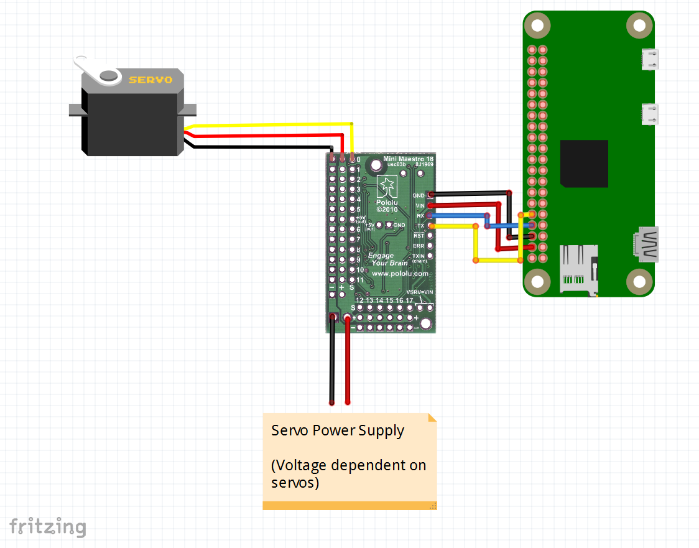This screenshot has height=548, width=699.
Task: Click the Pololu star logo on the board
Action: click(387, 185)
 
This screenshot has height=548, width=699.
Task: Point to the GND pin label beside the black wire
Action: click(419, 195)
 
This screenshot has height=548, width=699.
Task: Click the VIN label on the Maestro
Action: click(420, 205)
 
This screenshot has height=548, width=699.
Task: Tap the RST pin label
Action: click(419, 236)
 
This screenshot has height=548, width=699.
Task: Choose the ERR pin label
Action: click(419, 246)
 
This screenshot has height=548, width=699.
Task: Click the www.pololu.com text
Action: click(400, 273)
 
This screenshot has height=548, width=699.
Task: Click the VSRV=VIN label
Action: click(419, 292)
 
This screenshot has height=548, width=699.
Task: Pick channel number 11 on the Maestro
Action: click(359, 280)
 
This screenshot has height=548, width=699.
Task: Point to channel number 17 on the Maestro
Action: click(409, 300)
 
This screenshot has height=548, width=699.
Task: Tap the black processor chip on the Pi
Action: click(584, 164)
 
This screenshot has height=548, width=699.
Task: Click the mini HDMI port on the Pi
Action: click(647, 243)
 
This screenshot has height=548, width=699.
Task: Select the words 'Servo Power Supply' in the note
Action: click(338, 430)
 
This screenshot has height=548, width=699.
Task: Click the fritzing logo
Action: click(48, 526)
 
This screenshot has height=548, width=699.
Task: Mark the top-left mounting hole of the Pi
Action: click(537, 26)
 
